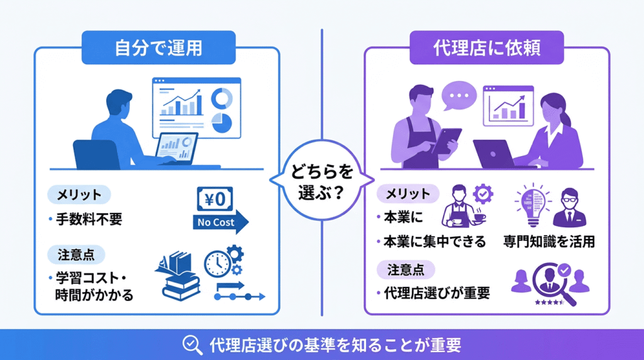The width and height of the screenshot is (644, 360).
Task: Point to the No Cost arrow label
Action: click(217, 222)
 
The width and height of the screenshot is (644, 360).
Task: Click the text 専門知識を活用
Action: click(549, 242)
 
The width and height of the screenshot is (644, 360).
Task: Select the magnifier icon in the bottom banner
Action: click(191, 344)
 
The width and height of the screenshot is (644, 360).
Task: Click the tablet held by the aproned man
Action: click(447, 140)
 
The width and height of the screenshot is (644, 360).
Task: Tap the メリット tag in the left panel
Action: click(79, 194)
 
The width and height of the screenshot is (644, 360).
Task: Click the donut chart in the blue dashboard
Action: click(221, 98)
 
